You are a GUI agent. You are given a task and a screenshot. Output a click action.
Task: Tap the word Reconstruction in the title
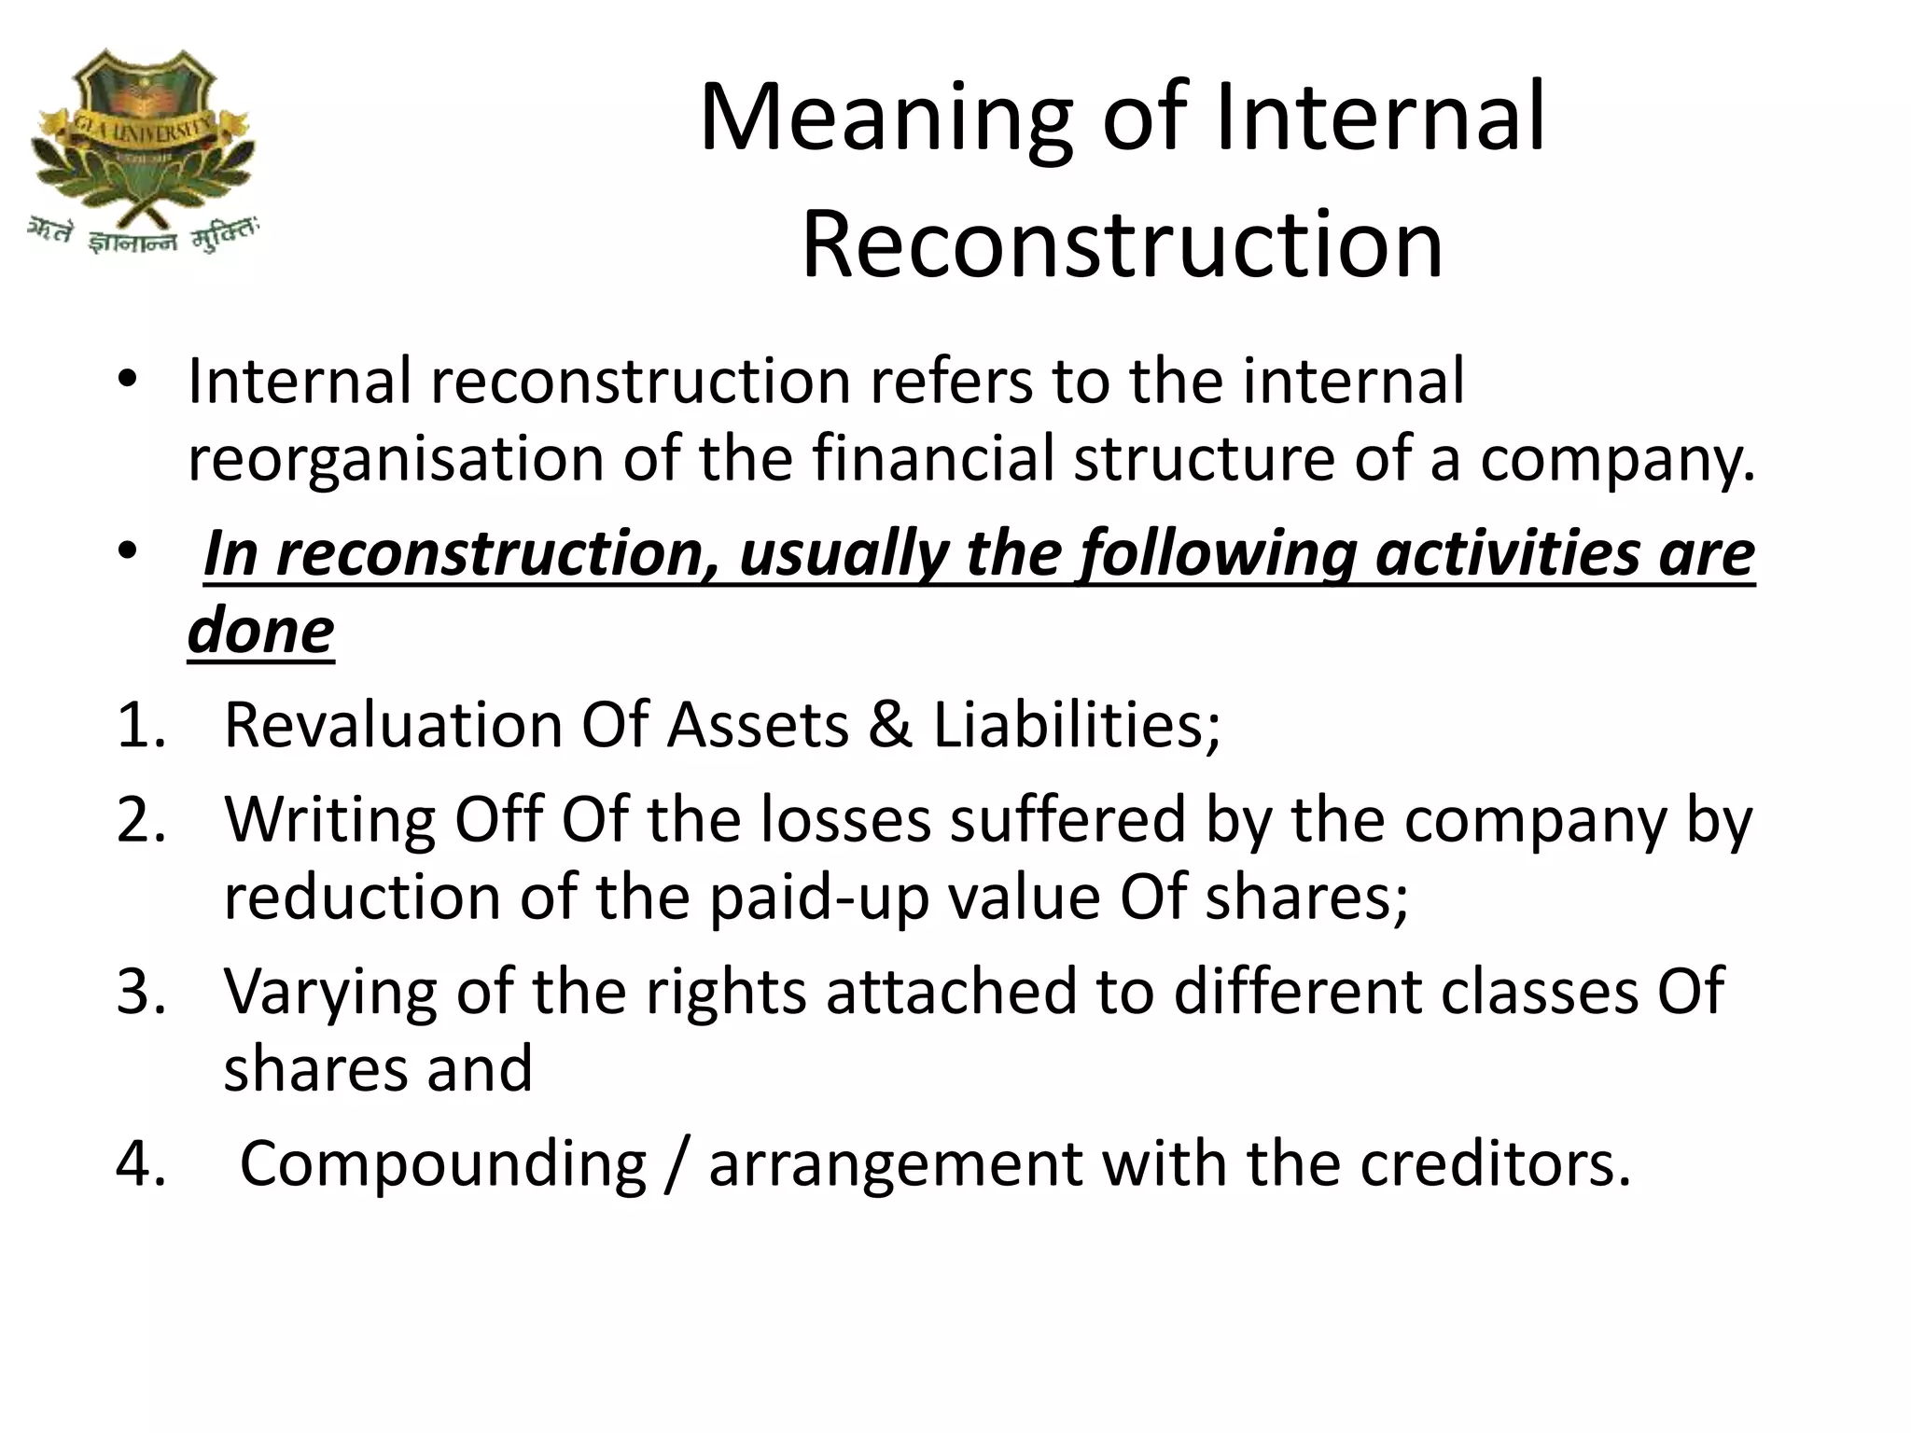[x=1123, y=245]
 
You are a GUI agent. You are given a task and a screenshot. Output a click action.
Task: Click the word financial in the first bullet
[x=933, y=458]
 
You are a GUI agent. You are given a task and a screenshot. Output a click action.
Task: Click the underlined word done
[x=260, y=630]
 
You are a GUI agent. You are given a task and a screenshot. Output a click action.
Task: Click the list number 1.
[x=139, y=726]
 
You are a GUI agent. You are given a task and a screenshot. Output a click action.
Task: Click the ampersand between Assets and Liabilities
[x=890, y=726]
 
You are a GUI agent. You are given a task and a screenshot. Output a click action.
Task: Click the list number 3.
[x=140, y=992]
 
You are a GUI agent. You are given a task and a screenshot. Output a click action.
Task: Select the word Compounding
[x=443, y=1165]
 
